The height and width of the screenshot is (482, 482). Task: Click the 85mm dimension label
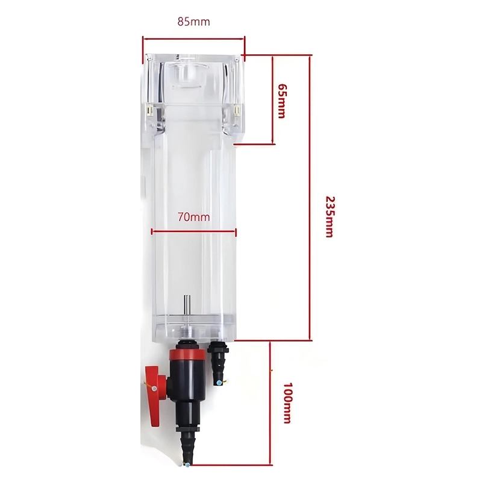193,22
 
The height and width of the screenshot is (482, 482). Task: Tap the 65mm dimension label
281,101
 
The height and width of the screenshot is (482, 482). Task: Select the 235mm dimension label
329,217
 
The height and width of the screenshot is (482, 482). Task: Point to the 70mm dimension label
193,218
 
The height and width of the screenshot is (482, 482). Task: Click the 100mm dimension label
287,403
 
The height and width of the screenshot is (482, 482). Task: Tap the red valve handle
156,396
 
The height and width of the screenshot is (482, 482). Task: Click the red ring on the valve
187,355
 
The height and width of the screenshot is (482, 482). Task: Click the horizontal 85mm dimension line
193,39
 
